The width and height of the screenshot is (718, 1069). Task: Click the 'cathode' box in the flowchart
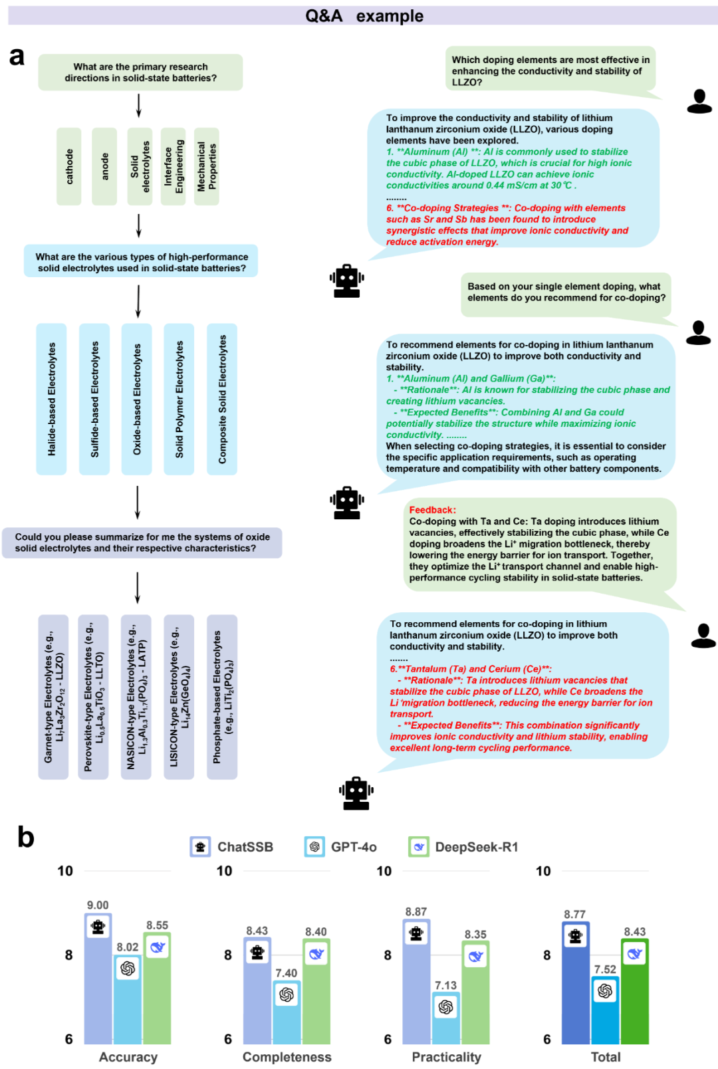[x=68, y=167]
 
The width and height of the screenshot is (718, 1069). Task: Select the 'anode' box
[x=104, y=167]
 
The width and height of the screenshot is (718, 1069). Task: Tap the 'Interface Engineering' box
[x=174, y=167]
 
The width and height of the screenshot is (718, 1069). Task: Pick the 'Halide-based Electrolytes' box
[x=52, y=399]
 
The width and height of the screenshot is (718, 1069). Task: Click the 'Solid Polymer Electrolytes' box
[x=179, y=399]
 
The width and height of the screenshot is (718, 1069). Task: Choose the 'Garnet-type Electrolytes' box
[x=53, y=697]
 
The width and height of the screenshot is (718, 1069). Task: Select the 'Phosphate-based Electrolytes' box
[x=222, y=697]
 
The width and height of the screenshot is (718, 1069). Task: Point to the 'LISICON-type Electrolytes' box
[x=179, y=697]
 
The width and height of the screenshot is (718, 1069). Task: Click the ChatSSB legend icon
[x=201, y=847]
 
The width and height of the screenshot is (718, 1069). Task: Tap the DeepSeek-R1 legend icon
[x=419, y=847]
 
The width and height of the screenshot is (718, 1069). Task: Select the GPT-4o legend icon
[x=314, y=847]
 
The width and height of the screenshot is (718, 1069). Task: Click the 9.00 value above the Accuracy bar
[x=98, y=905]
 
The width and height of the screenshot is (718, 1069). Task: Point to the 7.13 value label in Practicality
[x=446, y=985]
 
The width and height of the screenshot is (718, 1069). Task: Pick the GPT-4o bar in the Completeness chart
[x=287, y=1012]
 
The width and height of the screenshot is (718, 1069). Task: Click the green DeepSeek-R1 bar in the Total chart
[x=634, y=991]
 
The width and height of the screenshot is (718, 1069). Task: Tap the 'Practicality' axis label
[x=446, y=1057]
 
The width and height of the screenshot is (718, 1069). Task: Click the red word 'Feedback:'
[x=433, y=510]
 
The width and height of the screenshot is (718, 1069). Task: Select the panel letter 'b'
[x=26, y=837]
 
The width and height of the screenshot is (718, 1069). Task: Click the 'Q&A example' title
[x=364, y=16]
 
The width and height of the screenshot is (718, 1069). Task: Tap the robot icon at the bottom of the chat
[x=356, y=793]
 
